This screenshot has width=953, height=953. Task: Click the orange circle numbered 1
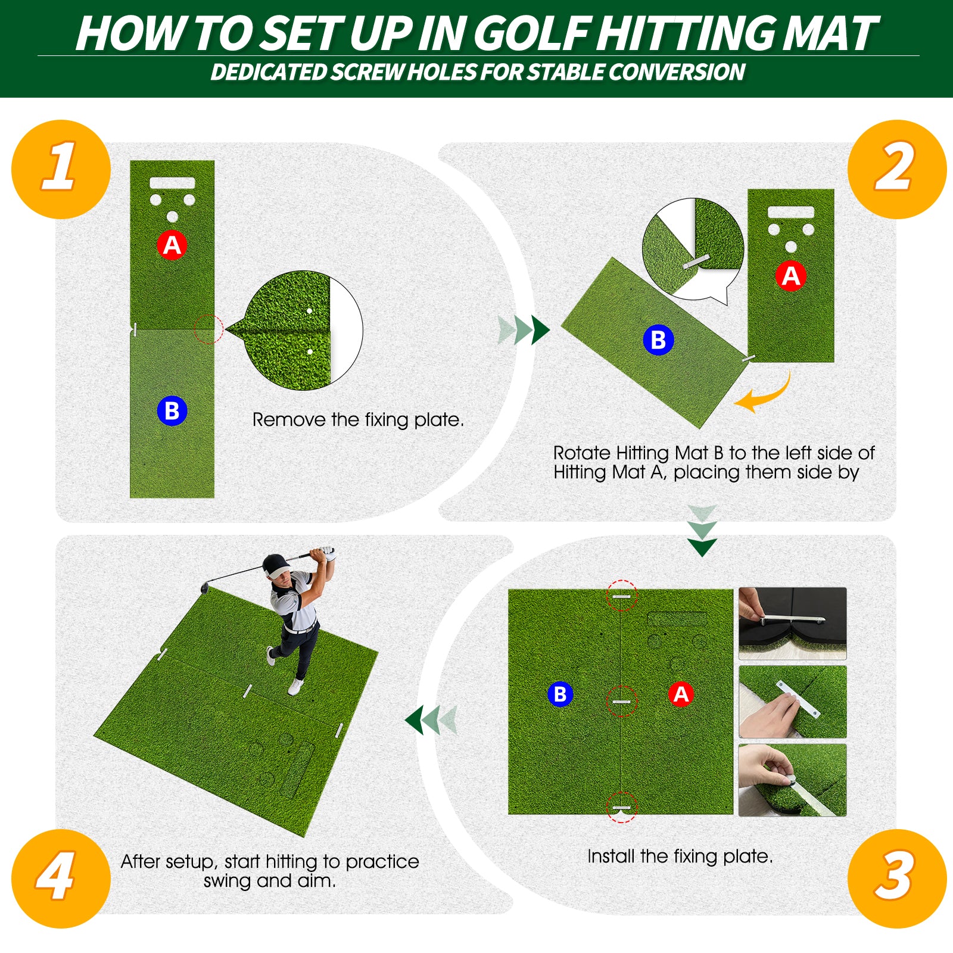click(61, 169)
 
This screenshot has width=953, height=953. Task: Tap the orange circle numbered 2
click(896, 169)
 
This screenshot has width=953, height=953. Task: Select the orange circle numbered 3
click(896, 878)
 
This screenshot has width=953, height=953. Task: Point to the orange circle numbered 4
click(61, 878)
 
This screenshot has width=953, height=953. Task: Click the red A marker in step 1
click(172, 245)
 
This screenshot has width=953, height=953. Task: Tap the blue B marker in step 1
click(172, 411)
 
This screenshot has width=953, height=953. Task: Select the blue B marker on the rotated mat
click(658, 340)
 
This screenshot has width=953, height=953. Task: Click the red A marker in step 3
click(681, 694)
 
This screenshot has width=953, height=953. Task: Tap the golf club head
click(204, 588)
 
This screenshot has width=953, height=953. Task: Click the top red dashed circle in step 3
click(621, 596)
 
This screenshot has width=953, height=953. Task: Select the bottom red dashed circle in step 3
click(621, 807)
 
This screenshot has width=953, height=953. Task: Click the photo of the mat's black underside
click(792, 623)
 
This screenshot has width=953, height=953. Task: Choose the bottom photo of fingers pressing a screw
click(792, 780)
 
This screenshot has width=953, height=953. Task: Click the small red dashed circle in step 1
click(208, 329)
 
